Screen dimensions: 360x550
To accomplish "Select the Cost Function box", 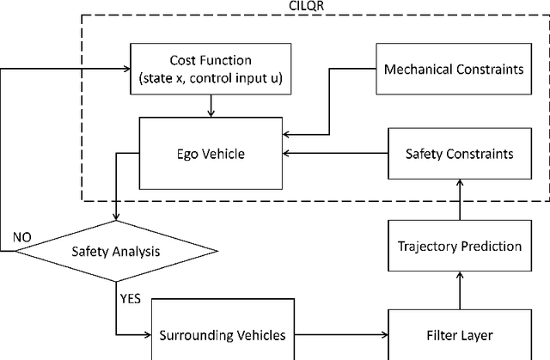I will tap(211, 69).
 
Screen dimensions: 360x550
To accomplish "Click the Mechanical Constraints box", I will tap(452, 69).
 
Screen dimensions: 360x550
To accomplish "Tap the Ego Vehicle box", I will tap(211, 154).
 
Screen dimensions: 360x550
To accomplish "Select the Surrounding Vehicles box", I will tap(211, 334).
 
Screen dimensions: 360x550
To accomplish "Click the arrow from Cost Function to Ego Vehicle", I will tap(211, 104).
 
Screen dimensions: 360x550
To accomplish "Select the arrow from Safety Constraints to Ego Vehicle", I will tap(336, 154).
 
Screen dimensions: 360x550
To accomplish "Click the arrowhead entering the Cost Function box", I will tap(125, 62).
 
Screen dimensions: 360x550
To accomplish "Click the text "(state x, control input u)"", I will tap(211, 77).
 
